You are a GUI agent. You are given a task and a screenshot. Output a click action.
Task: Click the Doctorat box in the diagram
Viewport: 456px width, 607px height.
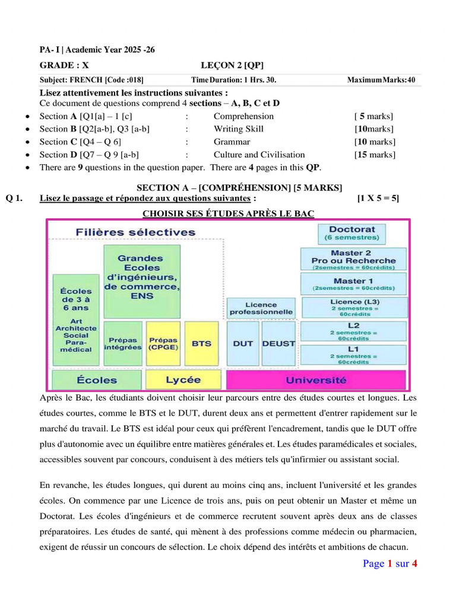click(x=352, y=232)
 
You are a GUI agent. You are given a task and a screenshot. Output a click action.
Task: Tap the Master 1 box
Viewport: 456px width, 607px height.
click(x=353, y=284)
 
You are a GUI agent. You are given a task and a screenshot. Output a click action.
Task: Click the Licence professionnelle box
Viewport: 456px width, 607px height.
click(x=261, y=308)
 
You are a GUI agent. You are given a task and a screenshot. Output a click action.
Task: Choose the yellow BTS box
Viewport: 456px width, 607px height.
click(x=201, y=343)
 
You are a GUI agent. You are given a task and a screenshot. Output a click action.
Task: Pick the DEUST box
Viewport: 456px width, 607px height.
click(x=278, y=343)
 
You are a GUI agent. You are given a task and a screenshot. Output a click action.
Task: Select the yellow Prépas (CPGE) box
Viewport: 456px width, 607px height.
click(x=163, y=343)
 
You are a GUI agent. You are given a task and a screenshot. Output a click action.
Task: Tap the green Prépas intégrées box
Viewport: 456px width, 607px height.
click(x=123, y=343)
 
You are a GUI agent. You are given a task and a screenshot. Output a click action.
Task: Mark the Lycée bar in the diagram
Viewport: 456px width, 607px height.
click(x=183, y=380)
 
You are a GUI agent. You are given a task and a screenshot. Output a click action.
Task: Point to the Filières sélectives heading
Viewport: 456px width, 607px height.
click(x=135, y=232)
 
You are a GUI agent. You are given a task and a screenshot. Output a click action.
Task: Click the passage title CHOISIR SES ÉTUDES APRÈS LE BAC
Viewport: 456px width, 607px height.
click(x=229, y=213)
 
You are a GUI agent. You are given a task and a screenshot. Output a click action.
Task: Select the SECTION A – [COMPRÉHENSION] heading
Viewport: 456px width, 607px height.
click(x=239, y=188)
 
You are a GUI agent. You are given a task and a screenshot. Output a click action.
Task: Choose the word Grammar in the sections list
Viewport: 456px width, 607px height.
click(x=232, y=142)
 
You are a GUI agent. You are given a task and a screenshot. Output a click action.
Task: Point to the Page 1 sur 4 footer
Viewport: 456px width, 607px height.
click(x=390, y=564)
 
